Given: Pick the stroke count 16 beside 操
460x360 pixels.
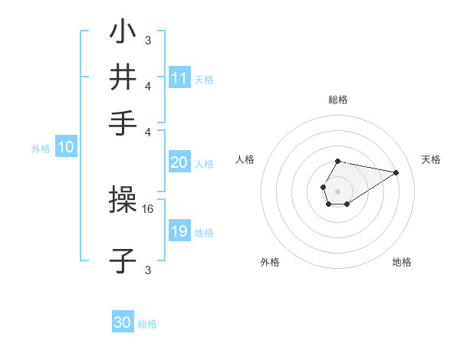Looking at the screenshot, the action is pyautogui.click(x=149, y=208).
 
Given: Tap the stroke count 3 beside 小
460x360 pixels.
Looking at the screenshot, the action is pyautogui.click(x=148, y=41).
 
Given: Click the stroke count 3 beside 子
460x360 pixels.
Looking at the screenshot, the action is pyautogui.click(x=148, y=270).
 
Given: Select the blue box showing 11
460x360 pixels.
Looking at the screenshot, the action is pyautogui.click(x=179, y=78).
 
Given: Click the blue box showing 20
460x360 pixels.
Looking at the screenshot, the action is pyautogui.click(x=179, y=162).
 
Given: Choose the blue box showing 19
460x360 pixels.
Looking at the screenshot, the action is pyautogui.click(x=179, y=231).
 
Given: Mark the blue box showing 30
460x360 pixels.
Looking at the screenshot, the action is pyautogui.click(x=123, y=322).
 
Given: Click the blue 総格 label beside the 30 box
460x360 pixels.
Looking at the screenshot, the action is pyautogui.click(x=147, y=324).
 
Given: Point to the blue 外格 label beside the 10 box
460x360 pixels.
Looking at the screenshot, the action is pyautogui.click(x=40, y=149).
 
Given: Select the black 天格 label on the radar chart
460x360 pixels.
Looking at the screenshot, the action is pyautogui.click(x=431, y=159).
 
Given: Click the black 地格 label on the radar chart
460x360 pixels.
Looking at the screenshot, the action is pyautogui.click(x=402, y=262).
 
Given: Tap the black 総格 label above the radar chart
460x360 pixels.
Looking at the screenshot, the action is pyautogui.click(x=337, y=100).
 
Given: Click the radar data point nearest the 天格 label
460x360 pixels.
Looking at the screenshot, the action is pyautogui.click(x=396, y=172).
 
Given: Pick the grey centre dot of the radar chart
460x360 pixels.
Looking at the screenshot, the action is pyautogui.click(x=337, y=191).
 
